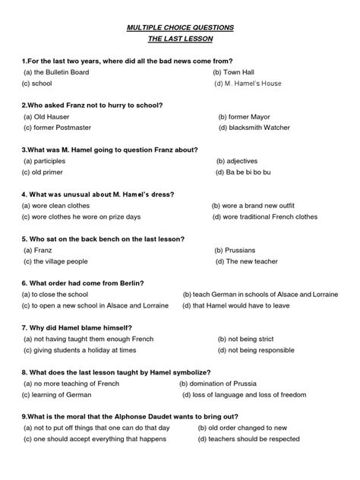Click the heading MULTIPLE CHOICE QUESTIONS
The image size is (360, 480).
pyautogui.click(x=180, y=27)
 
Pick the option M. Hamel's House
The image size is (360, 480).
pyautogui.click(x=250, y=83)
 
